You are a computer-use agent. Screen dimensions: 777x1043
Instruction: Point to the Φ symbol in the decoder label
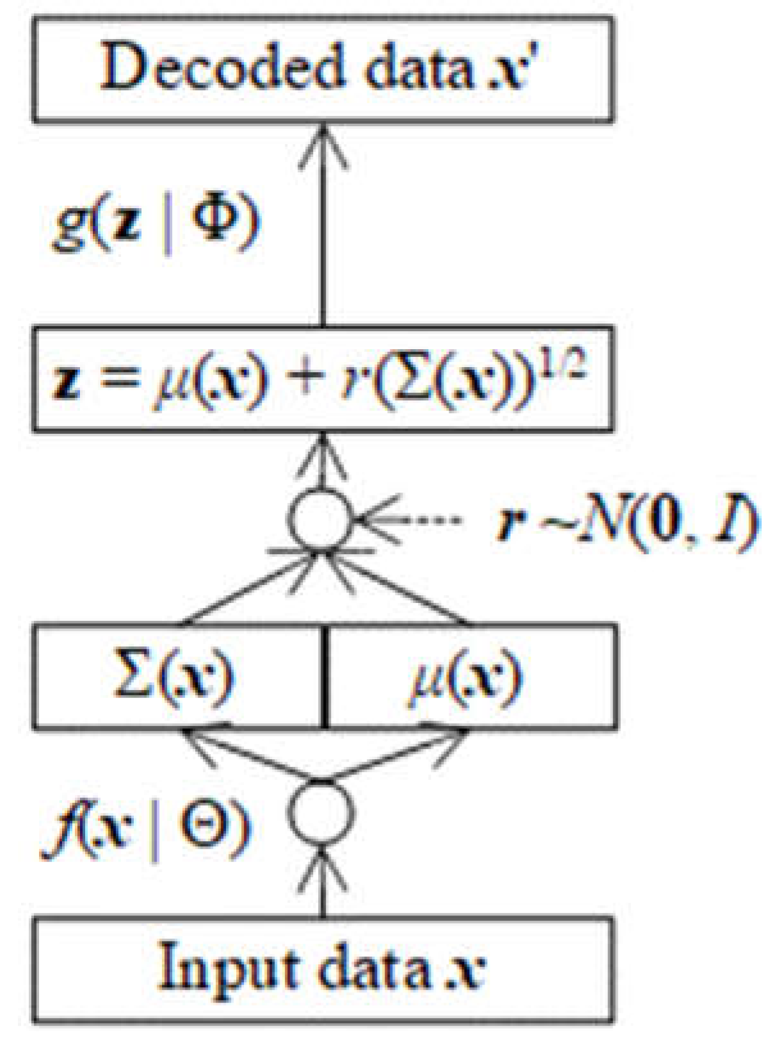[215, 221]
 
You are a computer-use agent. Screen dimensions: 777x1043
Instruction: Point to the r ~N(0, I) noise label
[627, 522]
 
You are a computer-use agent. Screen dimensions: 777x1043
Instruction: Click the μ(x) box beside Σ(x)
[471, 677]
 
